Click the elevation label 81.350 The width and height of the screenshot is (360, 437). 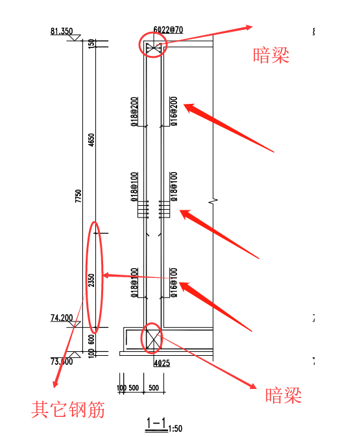(60, 31)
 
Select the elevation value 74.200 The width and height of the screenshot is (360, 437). (62, 318)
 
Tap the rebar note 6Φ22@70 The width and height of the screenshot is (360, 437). (167, 30)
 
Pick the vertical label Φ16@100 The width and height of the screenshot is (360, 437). (173, 281)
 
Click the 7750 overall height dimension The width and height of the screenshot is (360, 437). (78, 195)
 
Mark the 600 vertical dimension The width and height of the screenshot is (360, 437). (91, 338)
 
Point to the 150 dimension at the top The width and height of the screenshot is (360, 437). (91, 43)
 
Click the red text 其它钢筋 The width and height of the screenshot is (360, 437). (68, 410)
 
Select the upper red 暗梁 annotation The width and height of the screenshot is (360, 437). (270, 56)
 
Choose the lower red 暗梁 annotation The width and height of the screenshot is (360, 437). (283, 395)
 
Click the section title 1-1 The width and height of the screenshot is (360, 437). (156, 424)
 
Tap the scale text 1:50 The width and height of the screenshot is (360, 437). (174, 429)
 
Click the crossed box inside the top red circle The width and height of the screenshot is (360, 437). (154, 47)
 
